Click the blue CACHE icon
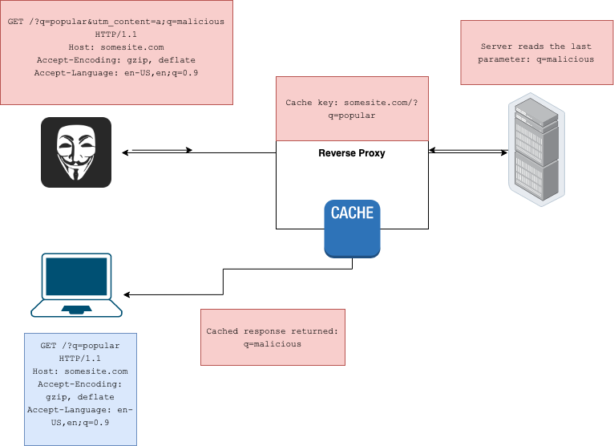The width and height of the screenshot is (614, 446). click(352, 229)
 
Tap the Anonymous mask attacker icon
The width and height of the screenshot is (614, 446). click(76, 152)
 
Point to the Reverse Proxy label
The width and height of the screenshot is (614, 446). click(352, 153)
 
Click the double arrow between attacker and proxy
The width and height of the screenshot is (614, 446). click(157, 150)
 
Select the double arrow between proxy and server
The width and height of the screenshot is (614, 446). click(469, 150)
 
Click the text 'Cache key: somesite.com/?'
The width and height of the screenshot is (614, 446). click(352, 103)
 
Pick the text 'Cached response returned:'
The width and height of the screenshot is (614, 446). click(273, 331)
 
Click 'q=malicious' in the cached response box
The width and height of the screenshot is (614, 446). click(273, 343)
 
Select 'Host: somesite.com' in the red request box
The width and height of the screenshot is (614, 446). click(116, 47)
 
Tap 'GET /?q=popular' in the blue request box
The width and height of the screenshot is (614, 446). click(80, 346)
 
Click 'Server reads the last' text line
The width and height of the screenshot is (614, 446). click(537, 47)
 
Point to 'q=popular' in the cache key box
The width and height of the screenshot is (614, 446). click(352, 116)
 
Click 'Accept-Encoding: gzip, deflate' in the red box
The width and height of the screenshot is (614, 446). click(116, 60)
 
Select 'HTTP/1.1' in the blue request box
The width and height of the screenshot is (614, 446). click(80, 359)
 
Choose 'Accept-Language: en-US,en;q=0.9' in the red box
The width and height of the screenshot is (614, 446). click(116, 73)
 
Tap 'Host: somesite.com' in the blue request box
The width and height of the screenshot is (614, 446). click(80, 371)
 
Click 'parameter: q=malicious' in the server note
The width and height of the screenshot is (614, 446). click(537, 59)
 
